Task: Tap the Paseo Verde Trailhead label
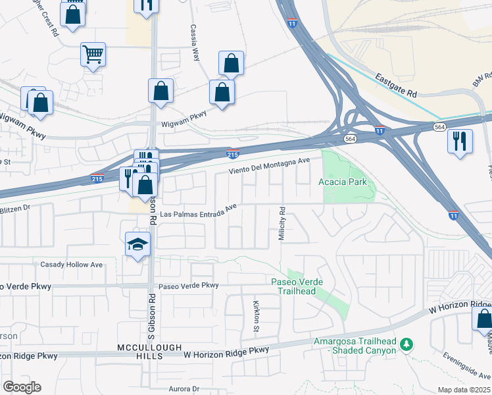[x=297, y=286]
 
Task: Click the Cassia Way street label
[x=195, y=43]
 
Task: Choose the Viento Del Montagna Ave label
[x=268, y=166]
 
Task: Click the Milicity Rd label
[x=282, y=224]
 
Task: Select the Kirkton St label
[x=257, y=316]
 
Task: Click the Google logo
[x=21, y=386]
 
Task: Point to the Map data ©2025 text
[x=464, y=390]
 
